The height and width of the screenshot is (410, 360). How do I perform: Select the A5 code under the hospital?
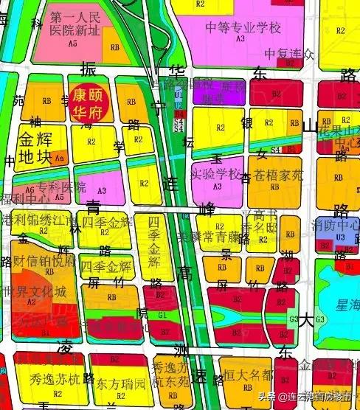pos(72,44)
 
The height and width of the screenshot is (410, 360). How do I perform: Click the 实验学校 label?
pos(216,174)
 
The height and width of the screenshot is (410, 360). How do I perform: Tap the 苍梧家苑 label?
pos(278,176)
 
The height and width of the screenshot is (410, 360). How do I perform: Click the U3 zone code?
pos(340,237)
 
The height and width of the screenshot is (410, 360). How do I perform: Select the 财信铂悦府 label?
pos(44,261)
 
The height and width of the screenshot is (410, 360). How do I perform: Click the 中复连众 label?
pos(290,54)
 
